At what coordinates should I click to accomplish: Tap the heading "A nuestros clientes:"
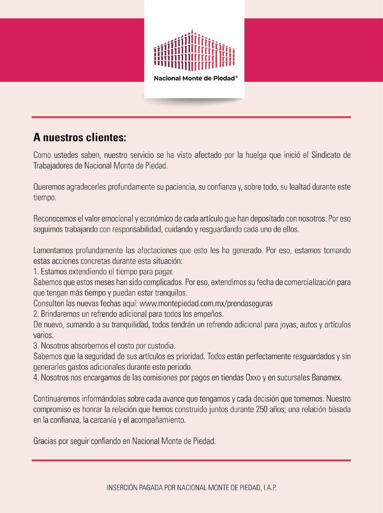79,137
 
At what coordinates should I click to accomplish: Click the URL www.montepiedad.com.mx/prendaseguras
206,304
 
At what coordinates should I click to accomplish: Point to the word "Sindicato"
327,155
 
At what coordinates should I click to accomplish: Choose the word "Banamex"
327,378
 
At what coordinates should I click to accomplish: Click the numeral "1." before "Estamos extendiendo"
36,272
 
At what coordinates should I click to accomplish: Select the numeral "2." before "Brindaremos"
36,314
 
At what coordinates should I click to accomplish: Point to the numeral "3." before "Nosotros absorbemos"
36,346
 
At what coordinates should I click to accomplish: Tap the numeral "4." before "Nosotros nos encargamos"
36,378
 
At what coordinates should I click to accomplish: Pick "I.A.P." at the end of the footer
269,487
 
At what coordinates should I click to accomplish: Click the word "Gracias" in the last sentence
45,441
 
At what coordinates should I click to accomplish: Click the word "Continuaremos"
56,399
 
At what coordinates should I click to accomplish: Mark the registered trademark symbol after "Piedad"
237,77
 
